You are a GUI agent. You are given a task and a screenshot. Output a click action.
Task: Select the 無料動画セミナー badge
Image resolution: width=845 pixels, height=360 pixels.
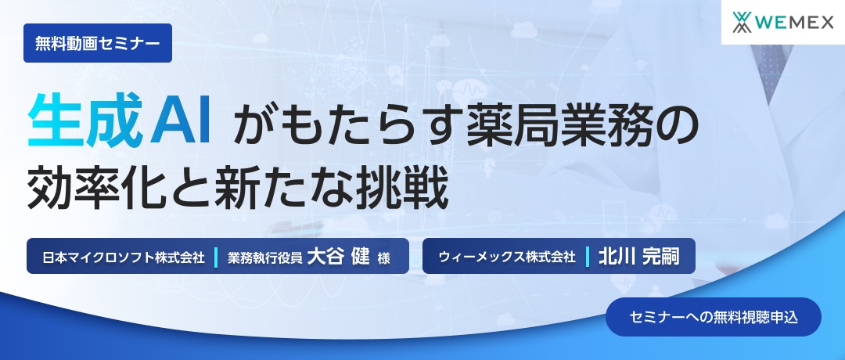point(98,44)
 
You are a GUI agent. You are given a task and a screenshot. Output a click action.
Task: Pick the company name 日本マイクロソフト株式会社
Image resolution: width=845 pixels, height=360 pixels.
point(123,257)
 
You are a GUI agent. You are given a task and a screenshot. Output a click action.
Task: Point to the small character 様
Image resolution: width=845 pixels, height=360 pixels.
point(383,257)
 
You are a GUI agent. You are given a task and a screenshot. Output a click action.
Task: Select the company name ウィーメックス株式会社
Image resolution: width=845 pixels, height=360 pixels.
point(507,257)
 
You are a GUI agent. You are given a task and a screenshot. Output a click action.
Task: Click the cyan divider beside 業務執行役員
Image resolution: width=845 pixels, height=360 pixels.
point(215,257)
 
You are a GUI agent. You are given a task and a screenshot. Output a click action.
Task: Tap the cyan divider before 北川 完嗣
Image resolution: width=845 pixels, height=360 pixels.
point(587,257)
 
